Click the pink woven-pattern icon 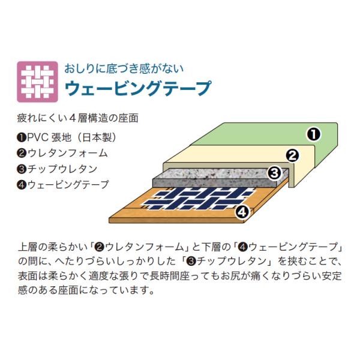coord(37,82)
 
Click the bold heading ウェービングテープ coord(138,88)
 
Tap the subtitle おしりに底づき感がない coord(124,68)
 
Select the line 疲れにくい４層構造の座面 coord(77,118)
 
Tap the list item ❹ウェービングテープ coord(62,184)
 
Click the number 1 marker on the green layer coord(314,134)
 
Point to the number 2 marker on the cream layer coord(293,155)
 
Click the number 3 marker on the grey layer coord(275,173)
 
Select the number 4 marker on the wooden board coord(242,212)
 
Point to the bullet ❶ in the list coord(22,138)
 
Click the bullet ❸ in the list coord(22,169)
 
